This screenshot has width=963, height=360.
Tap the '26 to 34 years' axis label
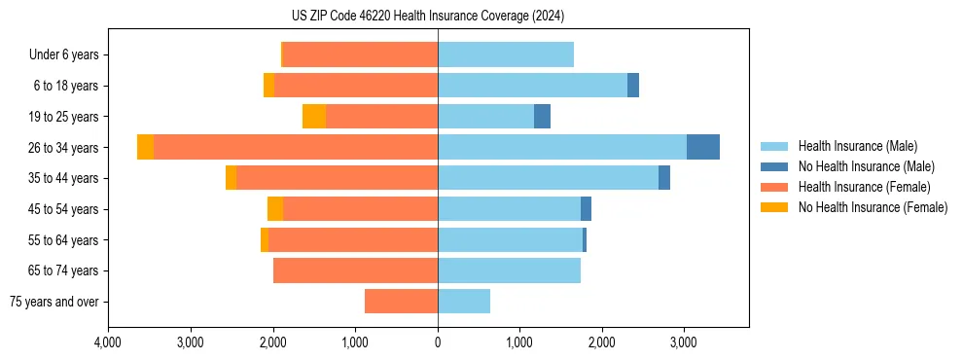(62, 148)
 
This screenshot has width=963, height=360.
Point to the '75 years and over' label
(54, 302)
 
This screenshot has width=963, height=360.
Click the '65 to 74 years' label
(62, 270)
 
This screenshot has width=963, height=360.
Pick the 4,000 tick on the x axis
(108, 342)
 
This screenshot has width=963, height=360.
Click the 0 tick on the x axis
(438, 342)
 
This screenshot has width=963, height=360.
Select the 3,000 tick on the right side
(684, 342)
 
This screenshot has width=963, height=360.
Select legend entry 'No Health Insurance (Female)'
(873, 207)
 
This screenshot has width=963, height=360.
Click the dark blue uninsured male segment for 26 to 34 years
(703, 147)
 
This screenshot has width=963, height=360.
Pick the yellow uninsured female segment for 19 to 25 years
(314, 117)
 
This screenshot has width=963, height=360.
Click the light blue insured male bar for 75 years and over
(464, 302)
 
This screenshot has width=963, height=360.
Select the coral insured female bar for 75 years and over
(401, 302)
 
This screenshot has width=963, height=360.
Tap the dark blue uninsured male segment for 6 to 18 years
(633, 86)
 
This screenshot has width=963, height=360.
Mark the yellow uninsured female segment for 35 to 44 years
(231, 178)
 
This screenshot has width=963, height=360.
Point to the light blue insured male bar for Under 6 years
(506, 54)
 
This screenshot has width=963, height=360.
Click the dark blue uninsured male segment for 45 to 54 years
(586, 209)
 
